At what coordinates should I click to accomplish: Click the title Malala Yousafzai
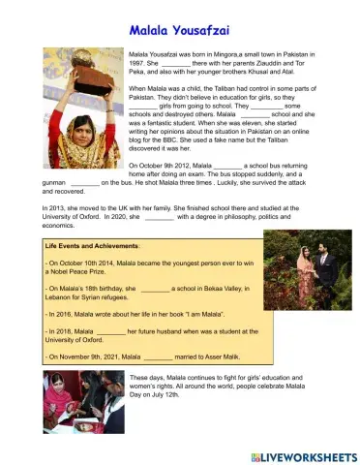point(180,30)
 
